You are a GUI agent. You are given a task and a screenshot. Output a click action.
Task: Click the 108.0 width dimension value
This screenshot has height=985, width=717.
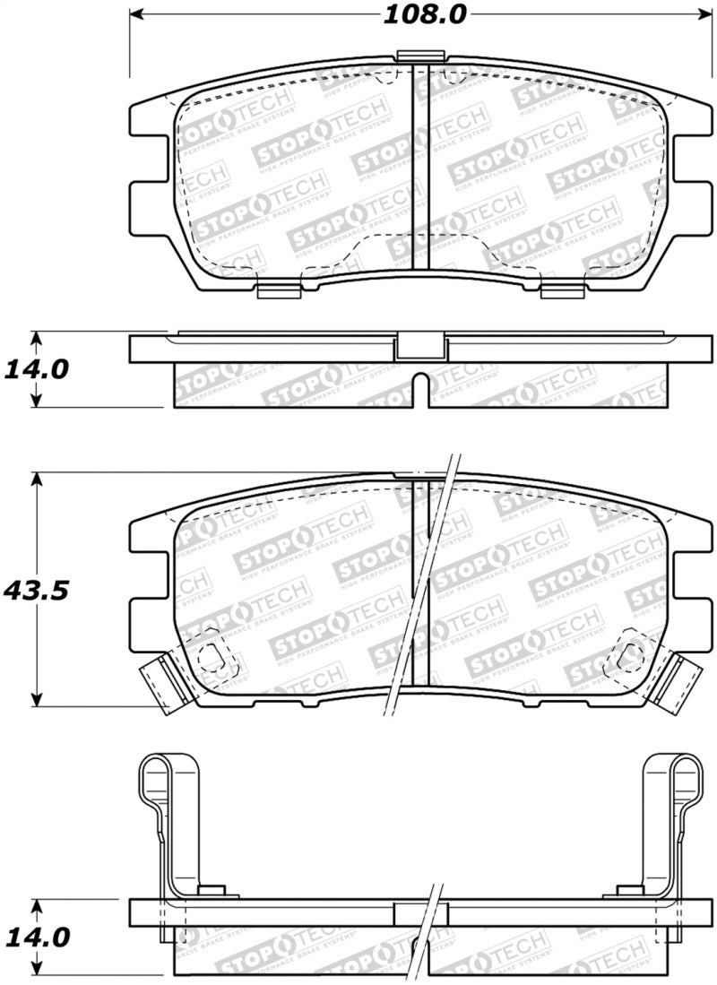point(413,15)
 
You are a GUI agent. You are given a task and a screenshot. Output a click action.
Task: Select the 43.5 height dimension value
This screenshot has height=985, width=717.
point(36,591)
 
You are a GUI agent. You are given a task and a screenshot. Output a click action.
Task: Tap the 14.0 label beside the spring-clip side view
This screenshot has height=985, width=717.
point(35,937)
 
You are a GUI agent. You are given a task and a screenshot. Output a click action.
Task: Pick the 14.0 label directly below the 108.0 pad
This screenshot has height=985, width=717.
point(35,368)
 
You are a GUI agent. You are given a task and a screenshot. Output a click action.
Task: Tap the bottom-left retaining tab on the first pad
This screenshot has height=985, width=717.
point(278,289)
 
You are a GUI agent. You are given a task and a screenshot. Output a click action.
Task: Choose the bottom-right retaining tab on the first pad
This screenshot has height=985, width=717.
point(563,289)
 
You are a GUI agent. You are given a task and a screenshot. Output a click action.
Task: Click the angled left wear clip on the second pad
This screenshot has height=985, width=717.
point(161,682)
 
